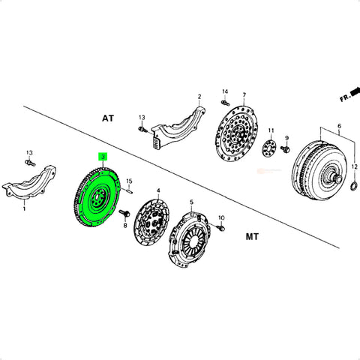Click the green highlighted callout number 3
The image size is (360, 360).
103,157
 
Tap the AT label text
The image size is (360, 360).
108,118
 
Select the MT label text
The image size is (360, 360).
252,236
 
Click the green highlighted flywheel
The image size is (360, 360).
97,197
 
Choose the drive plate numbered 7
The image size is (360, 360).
235,133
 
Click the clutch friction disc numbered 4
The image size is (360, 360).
151,221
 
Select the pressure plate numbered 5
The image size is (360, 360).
188,239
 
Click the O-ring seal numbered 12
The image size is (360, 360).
355,186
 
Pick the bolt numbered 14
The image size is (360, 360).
225,102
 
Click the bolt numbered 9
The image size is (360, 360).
285,149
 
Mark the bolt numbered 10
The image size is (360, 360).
220,228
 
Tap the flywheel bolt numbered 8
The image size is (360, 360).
124,213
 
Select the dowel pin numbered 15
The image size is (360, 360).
129,191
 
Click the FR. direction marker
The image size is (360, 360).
349,94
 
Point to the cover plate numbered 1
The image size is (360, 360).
29,183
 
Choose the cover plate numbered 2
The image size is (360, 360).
179,127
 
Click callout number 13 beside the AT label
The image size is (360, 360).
142,118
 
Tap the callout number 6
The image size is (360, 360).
339,126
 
